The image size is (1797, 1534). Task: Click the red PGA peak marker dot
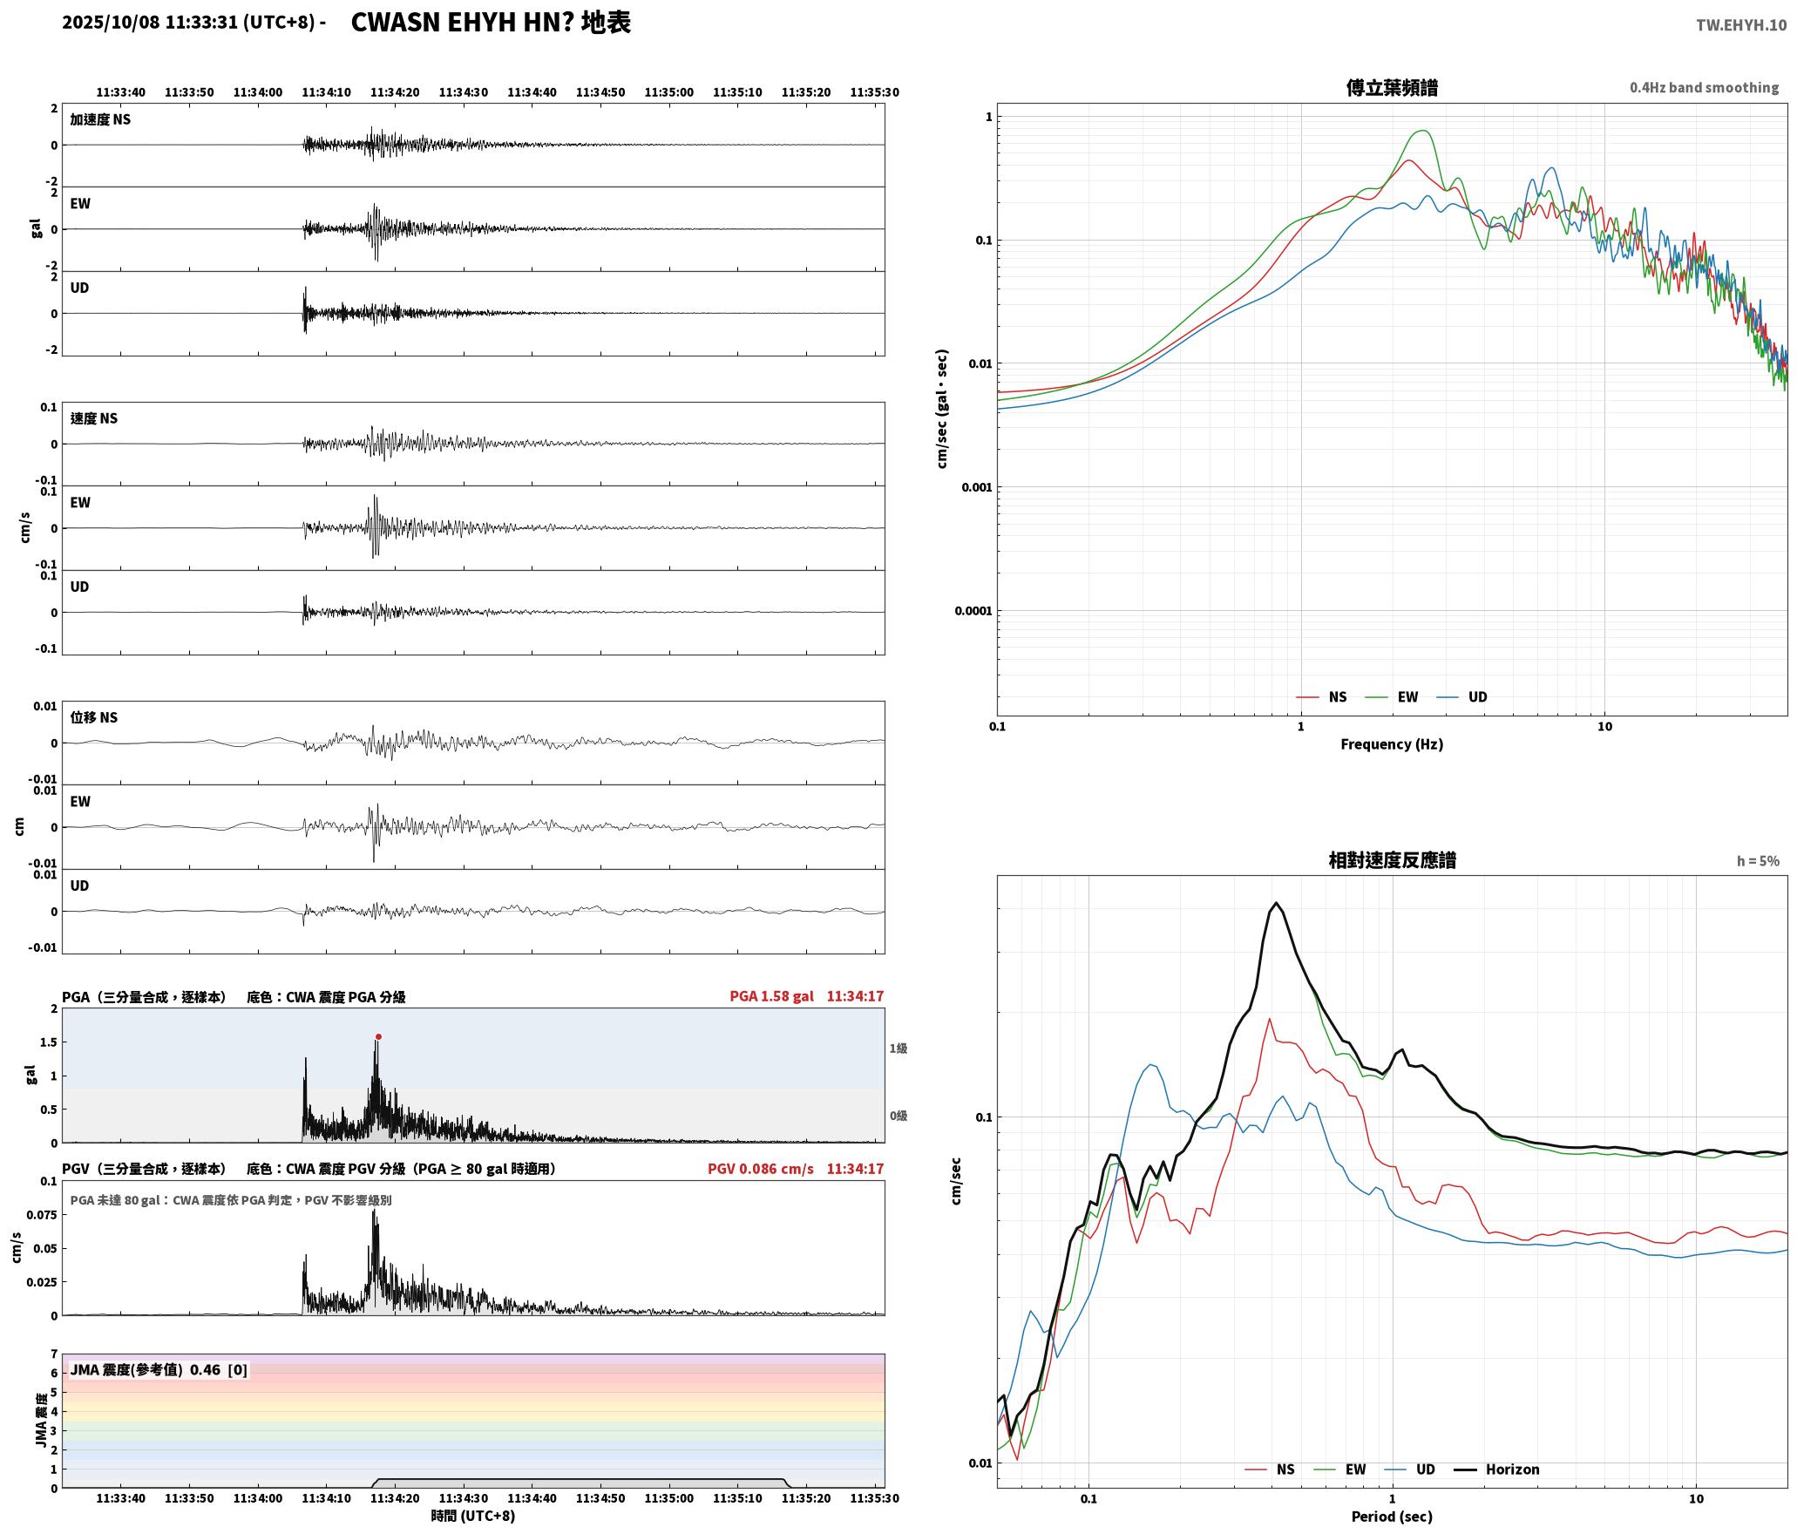378,1036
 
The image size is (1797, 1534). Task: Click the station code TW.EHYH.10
1740,25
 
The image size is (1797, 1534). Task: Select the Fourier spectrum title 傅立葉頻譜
1392,88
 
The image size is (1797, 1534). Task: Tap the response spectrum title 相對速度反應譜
1392,860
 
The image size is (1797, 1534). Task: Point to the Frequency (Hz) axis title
1392,744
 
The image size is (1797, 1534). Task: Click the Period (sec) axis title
1392,1517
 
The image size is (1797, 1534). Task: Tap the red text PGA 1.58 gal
771,996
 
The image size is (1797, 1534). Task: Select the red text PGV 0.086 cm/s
760,1169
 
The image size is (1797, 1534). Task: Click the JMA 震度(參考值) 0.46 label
159,1370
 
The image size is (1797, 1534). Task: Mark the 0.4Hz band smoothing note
1704,88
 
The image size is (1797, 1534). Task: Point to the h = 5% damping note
1758,861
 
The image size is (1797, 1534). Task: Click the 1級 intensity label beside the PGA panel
898,1049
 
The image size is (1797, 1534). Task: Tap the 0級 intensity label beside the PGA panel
898,1116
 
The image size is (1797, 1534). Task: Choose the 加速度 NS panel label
100,119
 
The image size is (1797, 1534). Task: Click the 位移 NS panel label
94,717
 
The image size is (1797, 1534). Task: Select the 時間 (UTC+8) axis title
473,1517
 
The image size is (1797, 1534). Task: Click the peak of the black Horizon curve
1276,903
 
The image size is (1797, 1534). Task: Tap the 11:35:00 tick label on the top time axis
669,92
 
